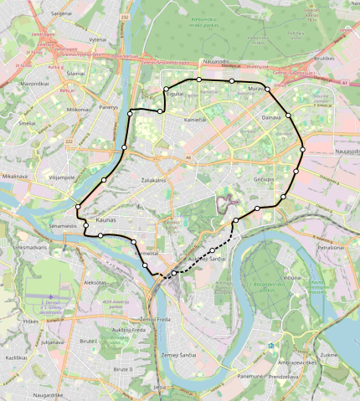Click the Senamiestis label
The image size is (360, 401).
pos(63,226)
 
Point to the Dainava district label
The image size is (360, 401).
pos(270,119)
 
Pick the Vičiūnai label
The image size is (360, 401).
pos(291,276)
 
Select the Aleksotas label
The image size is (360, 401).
pos(95,282)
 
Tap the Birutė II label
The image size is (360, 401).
pos(123,368)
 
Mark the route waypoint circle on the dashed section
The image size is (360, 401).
pos(213,250)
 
